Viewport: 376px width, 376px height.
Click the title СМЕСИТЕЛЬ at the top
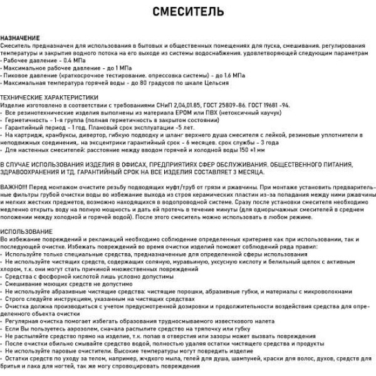(x=187, y=12)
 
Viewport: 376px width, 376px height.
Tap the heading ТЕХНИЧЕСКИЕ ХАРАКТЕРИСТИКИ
(x=50, y=98)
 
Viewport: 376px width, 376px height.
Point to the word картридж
(x=32, y=135)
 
